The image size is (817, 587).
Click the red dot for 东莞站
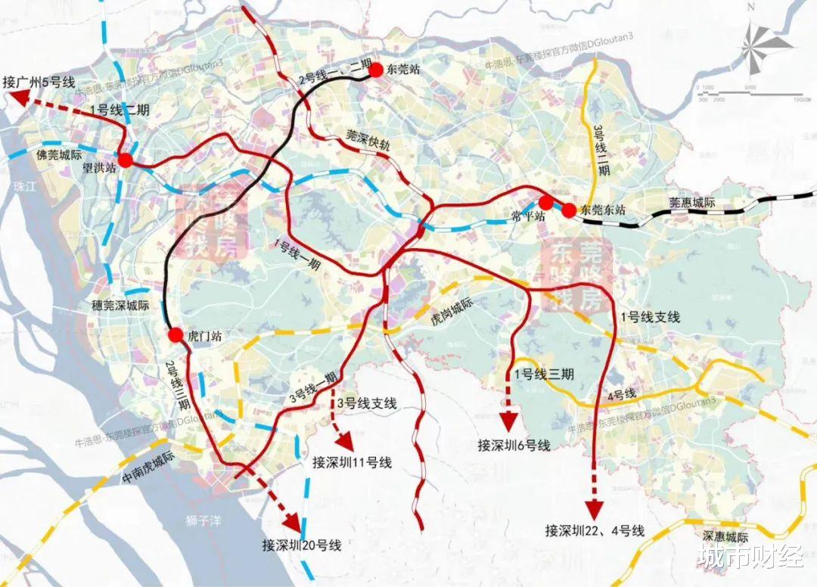click(375, 70)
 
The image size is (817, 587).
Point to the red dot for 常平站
click(545, 203)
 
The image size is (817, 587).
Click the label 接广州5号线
click(36, 82)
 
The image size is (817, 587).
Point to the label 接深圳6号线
click(514, 446)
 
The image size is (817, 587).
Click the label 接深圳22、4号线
click(595, 530)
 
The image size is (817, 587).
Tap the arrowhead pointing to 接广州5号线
click(23, 98)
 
